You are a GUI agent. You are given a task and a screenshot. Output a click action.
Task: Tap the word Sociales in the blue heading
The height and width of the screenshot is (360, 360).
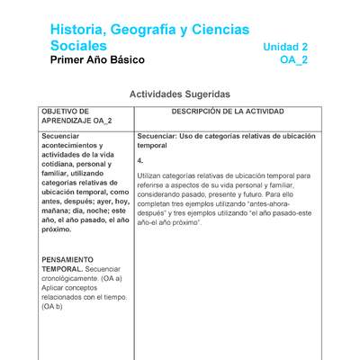click(78, 46)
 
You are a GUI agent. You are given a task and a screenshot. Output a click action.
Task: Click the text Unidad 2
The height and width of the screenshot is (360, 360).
click(285, 47)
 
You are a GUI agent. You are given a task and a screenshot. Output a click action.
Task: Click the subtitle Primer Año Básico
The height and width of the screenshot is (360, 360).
click(97, 60)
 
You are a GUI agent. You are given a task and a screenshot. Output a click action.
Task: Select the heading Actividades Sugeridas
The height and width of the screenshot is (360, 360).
click(180, 94)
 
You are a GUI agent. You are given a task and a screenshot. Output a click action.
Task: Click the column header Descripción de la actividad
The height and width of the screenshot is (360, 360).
click(228, 112)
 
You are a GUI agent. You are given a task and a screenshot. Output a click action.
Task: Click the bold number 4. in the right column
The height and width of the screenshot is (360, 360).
click(140, 160)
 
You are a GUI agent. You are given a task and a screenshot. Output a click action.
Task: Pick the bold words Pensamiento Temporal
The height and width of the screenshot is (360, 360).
click(74, 264)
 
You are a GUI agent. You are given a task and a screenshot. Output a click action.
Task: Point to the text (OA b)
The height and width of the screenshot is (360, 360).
click(52, 307)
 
